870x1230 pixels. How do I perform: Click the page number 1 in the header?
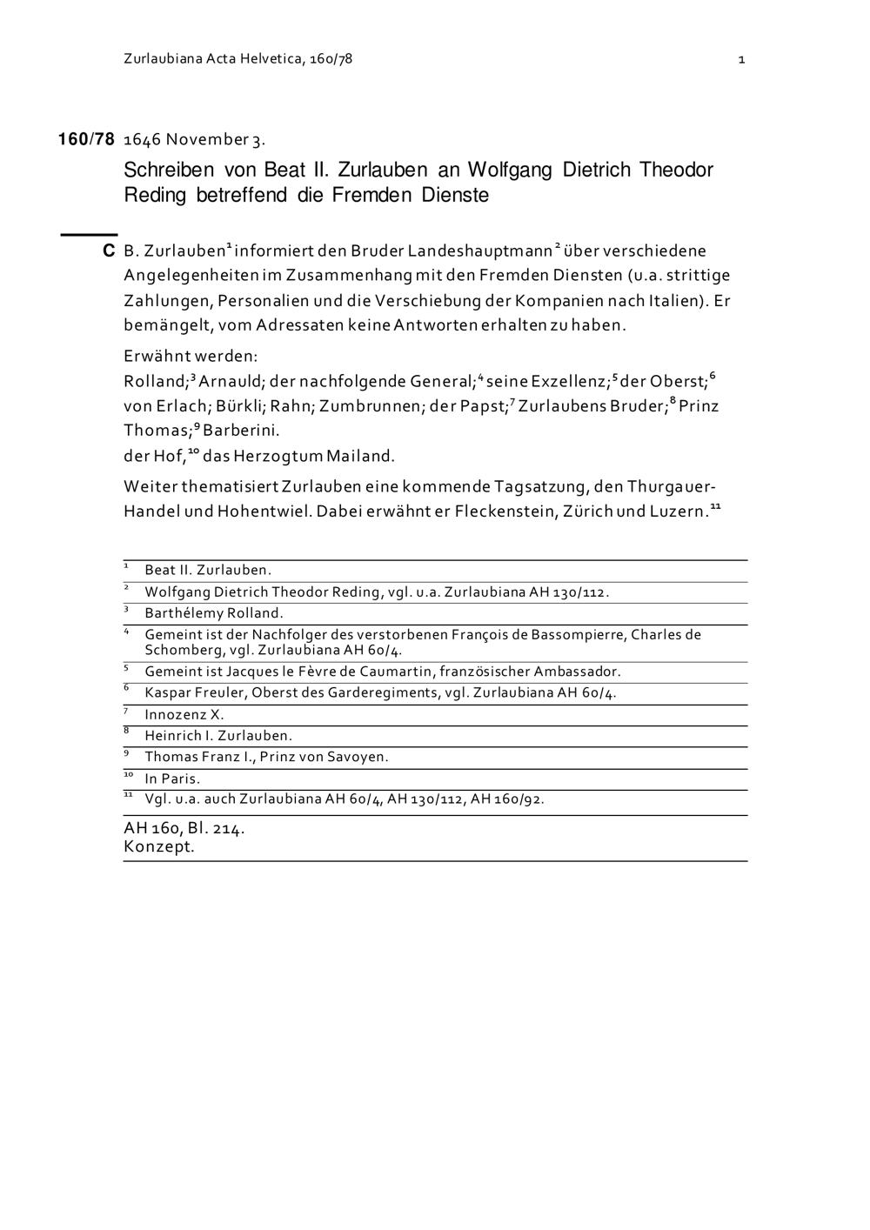(x=740, y=60)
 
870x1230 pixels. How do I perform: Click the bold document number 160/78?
(x=86, y=139)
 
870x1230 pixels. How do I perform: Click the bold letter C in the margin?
(x=109, y=251)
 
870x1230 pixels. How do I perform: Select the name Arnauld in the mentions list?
(x=229, y=381)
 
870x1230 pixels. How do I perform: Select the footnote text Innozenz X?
(x=184, y=715)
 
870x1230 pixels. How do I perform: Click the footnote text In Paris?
(x=172, y=779)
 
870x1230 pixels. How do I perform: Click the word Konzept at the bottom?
(x=159, y=846)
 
